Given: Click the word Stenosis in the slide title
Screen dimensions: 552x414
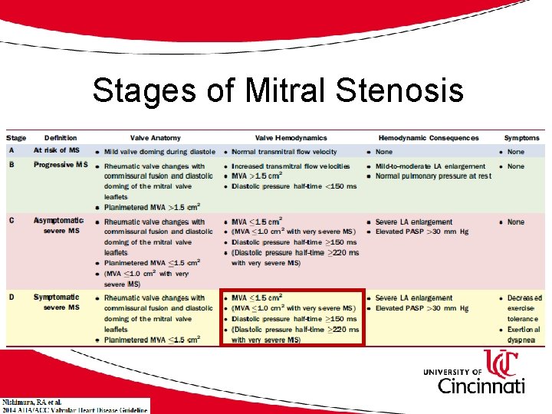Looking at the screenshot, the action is (x=399, y=91).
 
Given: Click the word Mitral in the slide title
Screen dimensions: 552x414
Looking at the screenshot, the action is (x=286, y=91).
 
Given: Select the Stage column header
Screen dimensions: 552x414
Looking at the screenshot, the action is (x=16, y=138).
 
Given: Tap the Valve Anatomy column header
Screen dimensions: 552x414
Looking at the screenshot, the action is (x=155, y=138).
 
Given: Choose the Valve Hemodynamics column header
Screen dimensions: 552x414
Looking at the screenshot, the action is (x=291, y=138).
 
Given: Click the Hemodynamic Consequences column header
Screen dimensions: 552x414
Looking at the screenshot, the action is (x=428, y=138).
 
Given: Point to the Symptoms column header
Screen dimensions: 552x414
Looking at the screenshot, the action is (x=521, y=138).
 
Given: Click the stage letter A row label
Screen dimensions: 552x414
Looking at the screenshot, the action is (x=11, y=150).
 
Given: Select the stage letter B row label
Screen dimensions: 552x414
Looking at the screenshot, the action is (x=11, y=165).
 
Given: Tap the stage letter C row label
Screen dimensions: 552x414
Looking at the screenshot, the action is (x=11, y=221).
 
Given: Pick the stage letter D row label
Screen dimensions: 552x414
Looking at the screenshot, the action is (x=11, y=297).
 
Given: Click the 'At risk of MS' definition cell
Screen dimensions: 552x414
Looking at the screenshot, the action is (x=57, y=150).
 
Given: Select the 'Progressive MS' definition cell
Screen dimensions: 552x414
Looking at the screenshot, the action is (x=61, y=165).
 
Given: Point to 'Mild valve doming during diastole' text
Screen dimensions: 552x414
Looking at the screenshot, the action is (x=159, y=151).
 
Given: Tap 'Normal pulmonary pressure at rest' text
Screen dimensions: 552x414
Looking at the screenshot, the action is (x=433, y=176).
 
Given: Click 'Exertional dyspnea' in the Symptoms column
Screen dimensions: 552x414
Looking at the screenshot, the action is (x=524, y=334).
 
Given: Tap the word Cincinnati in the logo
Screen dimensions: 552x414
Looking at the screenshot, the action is (x=481, y=385).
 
